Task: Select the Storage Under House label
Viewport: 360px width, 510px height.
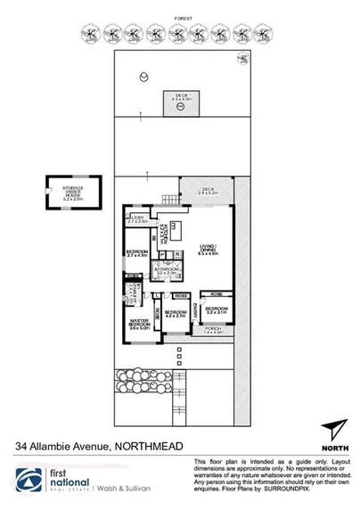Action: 73,192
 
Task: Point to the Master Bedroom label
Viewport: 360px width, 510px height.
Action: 136,323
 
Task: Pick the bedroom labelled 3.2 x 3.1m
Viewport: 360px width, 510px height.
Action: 217,312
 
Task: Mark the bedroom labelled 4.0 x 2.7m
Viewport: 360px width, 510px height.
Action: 176,314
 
